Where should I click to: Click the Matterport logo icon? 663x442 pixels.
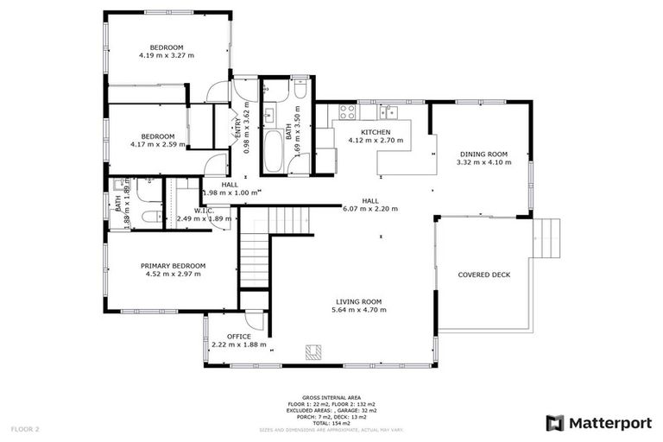tap(556, 423)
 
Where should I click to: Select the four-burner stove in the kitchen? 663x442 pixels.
tap(348, 111)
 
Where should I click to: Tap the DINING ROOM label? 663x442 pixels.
tap(483, 154)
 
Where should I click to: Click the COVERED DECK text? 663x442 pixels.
tap(484, 275)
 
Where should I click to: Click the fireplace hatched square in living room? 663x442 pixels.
tap(313, 350)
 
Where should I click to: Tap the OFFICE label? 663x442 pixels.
tap(239, 336)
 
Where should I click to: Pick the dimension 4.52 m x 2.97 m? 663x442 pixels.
tap(174, 274)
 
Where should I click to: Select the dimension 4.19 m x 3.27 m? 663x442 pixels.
tap(167, 55)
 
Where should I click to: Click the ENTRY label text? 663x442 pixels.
tap(238, 127)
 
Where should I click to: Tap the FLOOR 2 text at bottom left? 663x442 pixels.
tap(24, 428)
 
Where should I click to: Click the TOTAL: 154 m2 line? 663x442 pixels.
tap(331, 423)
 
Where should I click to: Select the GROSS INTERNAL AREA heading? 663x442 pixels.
tap(331, 397)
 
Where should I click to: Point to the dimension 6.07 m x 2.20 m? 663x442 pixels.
tap(371, 208)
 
